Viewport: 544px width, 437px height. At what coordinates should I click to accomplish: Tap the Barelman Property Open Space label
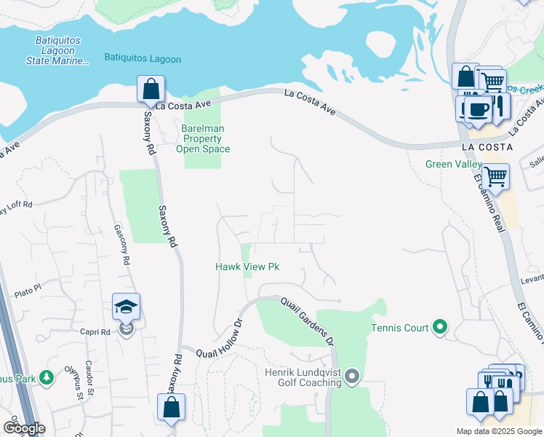(x=203, y=138)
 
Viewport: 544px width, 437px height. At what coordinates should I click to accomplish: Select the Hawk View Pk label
(x=247, y=267)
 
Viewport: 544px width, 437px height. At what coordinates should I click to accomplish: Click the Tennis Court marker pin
(x=439, y=328)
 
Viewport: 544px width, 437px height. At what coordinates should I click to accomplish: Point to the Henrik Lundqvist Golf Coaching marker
(x=352, y=377)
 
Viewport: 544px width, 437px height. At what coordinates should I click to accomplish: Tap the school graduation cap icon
(x=127, y=308)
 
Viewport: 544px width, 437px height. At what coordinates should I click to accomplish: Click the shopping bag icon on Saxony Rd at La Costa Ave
(x=150, y=90)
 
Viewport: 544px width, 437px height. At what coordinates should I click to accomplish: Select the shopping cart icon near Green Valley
(x=495, y=176)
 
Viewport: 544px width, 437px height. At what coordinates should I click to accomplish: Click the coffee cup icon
(x=476, y=109)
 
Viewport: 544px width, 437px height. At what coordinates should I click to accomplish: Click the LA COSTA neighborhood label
(x=487, y=146)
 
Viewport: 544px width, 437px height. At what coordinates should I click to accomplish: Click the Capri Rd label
(x=95, y=331)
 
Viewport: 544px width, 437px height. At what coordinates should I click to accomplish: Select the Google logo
(x=24, y=428)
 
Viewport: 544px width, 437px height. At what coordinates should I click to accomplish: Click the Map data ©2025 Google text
(x=499, y=431)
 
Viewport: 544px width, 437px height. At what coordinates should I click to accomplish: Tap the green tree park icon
(x=47, y=377)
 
